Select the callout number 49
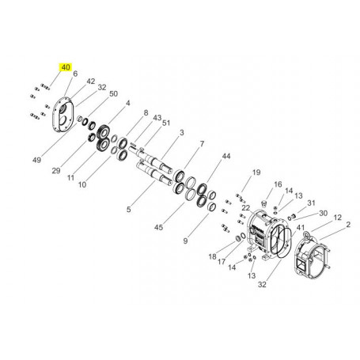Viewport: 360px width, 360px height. pos(36,160)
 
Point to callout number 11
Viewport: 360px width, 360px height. pos(70,180)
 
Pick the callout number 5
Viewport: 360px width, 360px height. pos(130,210)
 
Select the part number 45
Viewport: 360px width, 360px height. pos(158,228)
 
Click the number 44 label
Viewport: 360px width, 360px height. pos(226,157)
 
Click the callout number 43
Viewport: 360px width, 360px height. pos(157,118)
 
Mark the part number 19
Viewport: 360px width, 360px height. pos(256,172)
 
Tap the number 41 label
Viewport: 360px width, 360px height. pos(301,226)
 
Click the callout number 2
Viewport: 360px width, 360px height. pos(347,225)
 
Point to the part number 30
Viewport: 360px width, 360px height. pos(322,214)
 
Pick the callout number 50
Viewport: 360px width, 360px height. pos(113,94)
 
